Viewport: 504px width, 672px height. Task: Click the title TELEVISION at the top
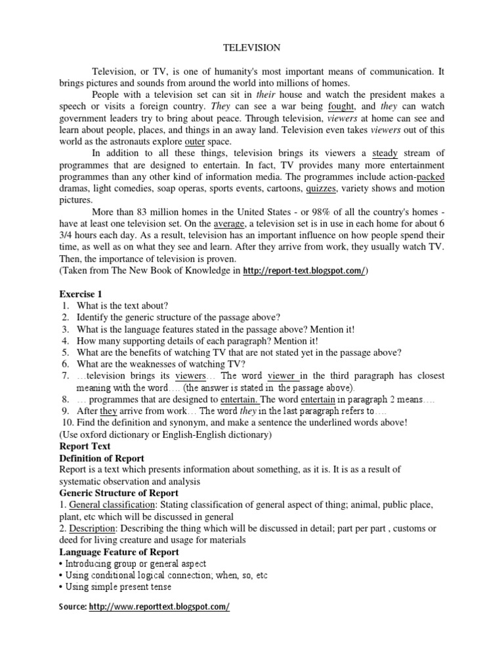point(252,48)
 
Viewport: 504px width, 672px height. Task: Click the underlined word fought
point(342,106)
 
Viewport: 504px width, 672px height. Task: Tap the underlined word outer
point(195,142)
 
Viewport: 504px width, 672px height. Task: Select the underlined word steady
point(385,154)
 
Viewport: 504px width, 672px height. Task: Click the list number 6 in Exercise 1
point(66,364)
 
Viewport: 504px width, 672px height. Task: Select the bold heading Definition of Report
point(102,458)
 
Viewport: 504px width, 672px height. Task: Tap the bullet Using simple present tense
point(117,587)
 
